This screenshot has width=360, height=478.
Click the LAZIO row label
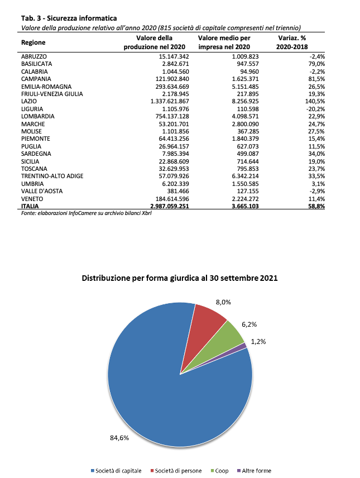click(29, 101)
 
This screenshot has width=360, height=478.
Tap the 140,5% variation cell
click(313, 101)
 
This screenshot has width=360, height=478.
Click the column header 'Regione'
click(33, 42)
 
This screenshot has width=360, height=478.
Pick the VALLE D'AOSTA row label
click(42, 190)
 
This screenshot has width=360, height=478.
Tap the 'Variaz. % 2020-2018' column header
click(292, 42)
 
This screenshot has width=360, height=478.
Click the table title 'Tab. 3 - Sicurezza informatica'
click(61, 18)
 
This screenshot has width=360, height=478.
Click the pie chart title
click(180, 278)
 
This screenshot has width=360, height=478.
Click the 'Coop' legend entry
click(219, 471)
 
